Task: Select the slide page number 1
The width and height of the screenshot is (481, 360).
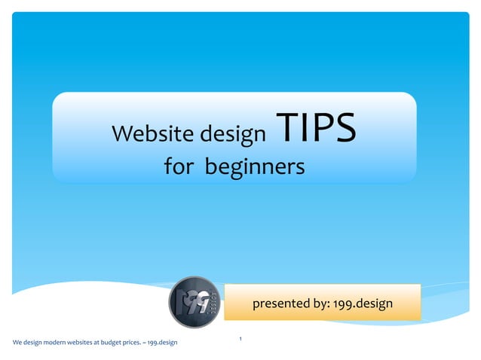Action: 240,340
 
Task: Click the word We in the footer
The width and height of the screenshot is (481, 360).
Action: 17,343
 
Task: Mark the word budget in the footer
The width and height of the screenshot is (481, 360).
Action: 114,343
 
